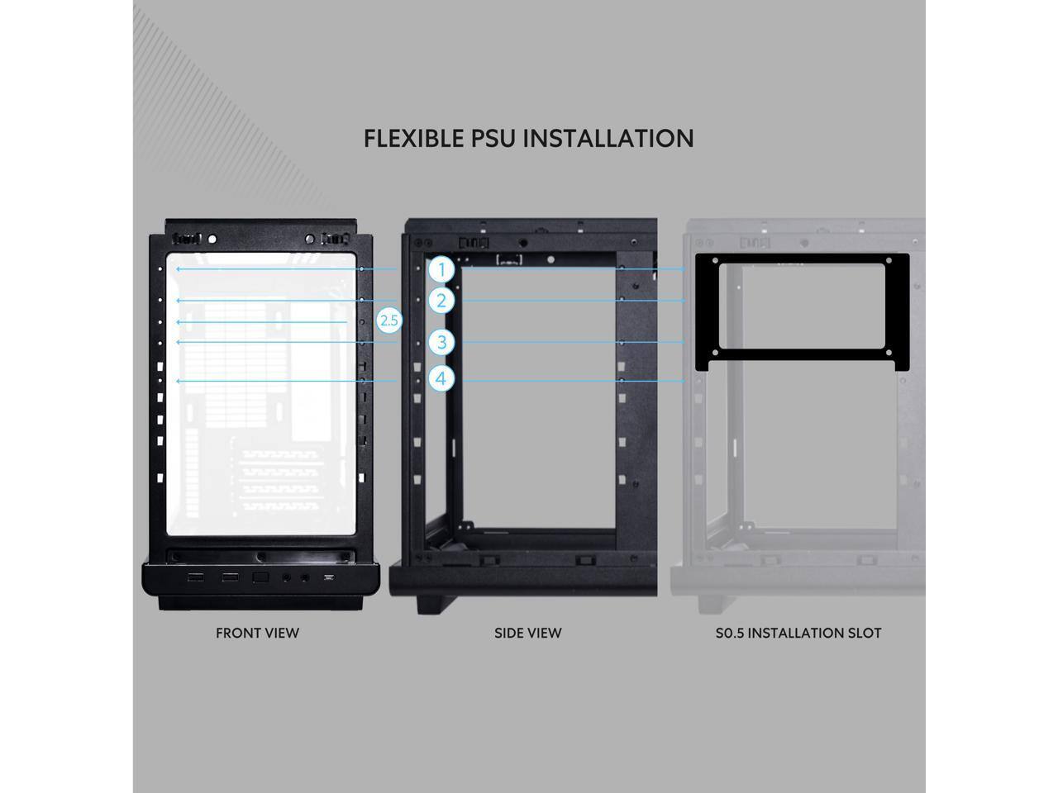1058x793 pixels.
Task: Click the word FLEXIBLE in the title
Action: [414, 138]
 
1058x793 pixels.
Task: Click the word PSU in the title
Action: [493, 138]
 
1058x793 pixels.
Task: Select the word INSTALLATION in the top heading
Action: [608, 138]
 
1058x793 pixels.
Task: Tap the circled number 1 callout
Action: [442, 269]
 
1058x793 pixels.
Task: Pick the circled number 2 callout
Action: [442, 300]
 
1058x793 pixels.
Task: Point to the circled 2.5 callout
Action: [388, 321]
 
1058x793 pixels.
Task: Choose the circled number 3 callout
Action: [442, 342]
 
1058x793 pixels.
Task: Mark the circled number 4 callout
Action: [442, 378]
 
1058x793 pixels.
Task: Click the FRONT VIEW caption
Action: [257, 634]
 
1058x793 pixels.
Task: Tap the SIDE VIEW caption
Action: [527, 634]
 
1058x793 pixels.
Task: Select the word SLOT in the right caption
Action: [862, 634]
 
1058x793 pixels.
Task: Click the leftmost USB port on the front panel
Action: [196, 577]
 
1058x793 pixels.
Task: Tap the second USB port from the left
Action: [229, 577]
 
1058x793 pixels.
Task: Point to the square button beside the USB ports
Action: [260, 577]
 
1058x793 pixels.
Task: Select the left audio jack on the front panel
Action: [288, 577]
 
